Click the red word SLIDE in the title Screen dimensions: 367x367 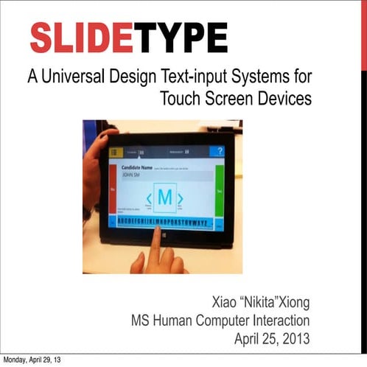81,38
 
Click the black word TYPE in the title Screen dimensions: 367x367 179,38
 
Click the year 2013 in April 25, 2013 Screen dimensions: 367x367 296,339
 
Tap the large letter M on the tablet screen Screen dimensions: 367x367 165,198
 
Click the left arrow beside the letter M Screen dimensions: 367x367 148,199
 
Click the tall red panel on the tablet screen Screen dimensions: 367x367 113,189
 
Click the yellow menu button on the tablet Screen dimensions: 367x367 114,152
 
